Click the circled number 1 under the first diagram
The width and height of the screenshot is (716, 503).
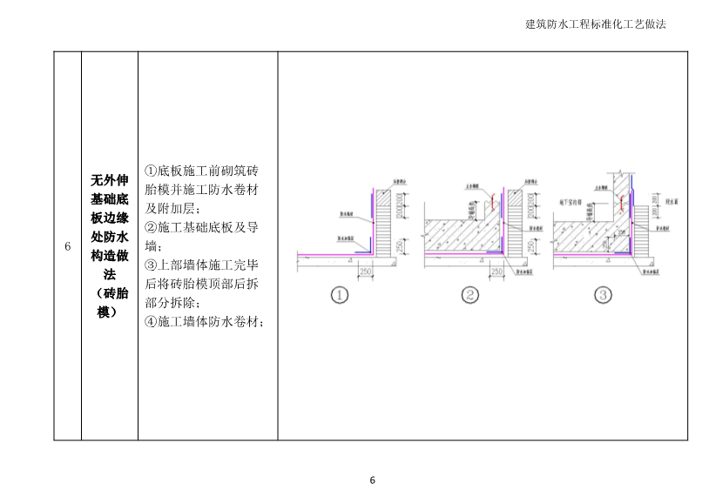340,295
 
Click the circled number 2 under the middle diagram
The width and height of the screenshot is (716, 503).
470,295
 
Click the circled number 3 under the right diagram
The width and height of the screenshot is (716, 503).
602,295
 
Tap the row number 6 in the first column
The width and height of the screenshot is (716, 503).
67,246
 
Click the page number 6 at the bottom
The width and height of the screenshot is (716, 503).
372,480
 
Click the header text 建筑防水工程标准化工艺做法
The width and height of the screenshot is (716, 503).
596,24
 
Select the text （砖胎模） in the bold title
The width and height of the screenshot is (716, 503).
109,302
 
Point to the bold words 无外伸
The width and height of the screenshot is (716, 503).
109,181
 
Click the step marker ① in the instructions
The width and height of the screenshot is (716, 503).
151,171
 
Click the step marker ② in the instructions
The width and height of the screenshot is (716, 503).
151,228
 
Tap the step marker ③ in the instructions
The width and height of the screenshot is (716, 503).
151,265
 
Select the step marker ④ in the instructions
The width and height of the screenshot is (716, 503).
151,322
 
